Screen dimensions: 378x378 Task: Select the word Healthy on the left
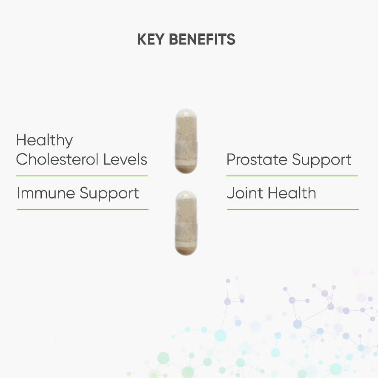[44, 140]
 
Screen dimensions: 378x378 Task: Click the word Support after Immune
[109, 194]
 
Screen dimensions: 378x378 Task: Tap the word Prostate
[257, 159]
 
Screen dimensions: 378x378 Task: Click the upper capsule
[186, 141]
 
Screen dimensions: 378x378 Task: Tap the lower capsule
[186, 223]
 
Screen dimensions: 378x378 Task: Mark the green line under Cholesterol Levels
[82, 176]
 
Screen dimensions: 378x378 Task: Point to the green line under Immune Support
[83, 209]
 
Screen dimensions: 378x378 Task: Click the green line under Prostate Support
[292, 176]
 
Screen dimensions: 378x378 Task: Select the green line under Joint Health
[293, 209]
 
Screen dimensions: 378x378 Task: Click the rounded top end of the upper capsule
[186, 112]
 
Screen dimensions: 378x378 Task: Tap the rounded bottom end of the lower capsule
[186, 252]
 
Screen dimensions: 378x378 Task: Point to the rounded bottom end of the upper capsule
[186, 170]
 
